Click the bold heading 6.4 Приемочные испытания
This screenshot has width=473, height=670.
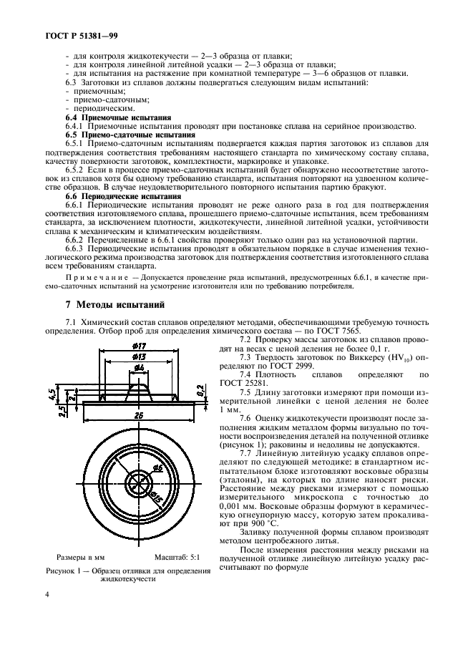tap(118, 115)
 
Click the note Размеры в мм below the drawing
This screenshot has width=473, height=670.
tap(80, 556)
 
